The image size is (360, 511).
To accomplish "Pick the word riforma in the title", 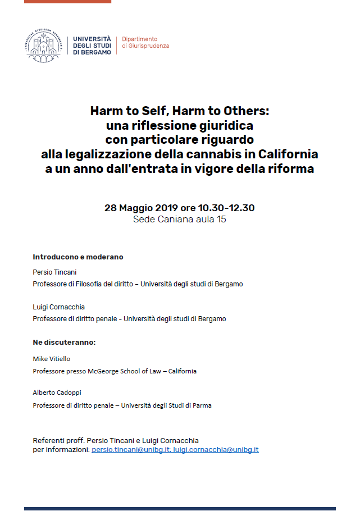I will (291, 168).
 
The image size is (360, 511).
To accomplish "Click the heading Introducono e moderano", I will (78, 257).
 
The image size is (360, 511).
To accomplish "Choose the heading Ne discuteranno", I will (64, 342).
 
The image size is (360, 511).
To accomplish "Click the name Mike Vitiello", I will (52, 358).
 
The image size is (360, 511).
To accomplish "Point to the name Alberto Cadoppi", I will (57, 393).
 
